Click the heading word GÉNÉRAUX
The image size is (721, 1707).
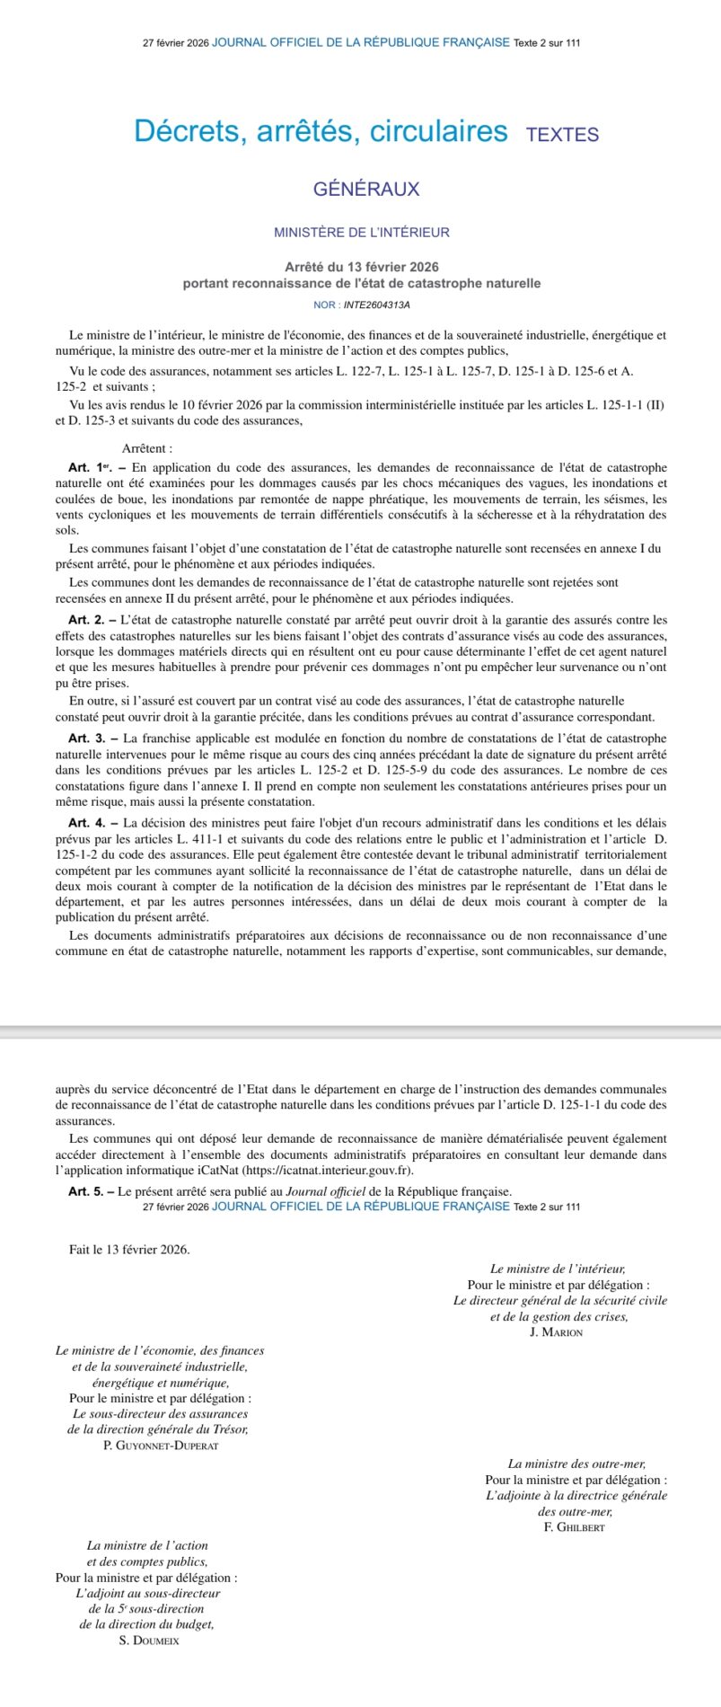click(x=366, y=190)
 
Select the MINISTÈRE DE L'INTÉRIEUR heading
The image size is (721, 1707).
click(x=362, y=233)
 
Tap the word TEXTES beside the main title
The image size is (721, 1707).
click(x=562, y=135)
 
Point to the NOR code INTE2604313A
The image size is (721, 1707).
click(x=377, y=305)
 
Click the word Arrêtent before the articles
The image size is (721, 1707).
click(x=147, y=448)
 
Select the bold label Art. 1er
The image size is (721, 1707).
click(x=91, y=467)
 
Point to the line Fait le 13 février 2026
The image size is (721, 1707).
click(x=129, y=1250)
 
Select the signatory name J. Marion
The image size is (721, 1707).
click(x=557, y=1332)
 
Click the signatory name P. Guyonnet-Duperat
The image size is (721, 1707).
click(x=161, y=1446)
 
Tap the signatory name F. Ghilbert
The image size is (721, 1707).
click(x=575, y=1527)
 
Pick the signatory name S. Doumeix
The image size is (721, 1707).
click(x=149, y=1641)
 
